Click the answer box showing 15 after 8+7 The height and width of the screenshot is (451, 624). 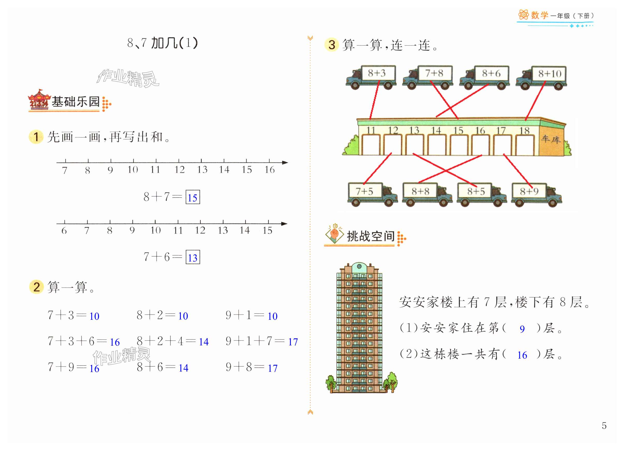tap(193, 197)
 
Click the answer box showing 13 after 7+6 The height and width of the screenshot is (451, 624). tap(193, 257)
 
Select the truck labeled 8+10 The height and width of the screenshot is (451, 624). tap(541, 78)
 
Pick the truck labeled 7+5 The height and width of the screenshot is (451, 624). tap(372, 194)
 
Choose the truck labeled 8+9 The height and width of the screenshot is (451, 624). tap(536, 194)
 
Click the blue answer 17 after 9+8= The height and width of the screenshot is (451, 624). tap(273, 368)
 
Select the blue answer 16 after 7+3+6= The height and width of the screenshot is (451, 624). tap(115, 342)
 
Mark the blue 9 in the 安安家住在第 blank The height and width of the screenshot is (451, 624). tap(522, 329)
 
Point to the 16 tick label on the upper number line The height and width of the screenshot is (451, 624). tap(270, 170)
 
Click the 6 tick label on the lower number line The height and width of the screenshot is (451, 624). tap(64, 230)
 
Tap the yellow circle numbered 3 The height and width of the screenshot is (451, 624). tap(332, 45)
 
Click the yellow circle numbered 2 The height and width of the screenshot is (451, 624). tap(37, 287)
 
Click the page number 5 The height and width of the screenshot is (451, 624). tap(604, 425)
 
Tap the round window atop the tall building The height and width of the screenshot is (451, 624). tap(359, 266)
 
